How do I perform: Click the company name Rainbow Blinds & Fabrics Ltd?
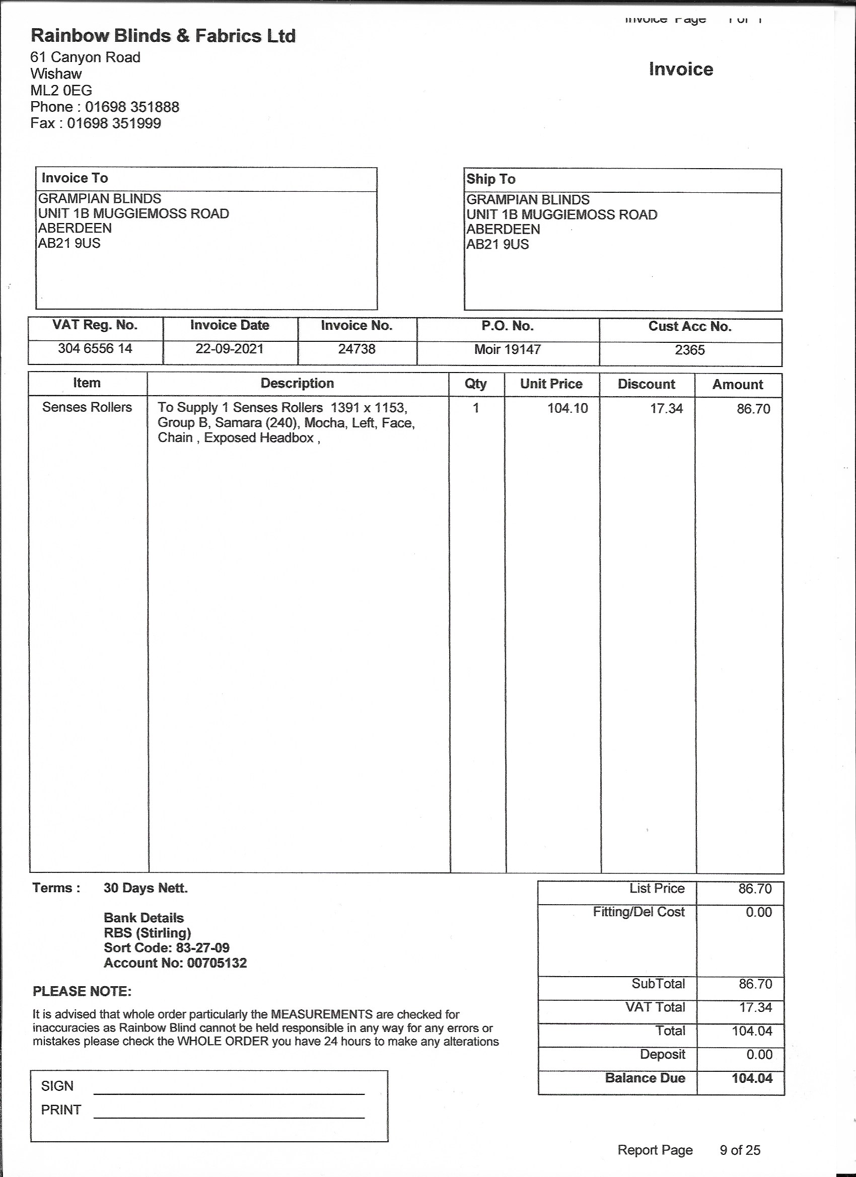[163, 36]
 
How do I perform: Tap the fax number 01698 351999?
[114, 123]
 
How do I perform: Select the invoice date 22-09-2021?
[230, 348]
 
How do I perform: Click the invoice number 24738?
[356, 349]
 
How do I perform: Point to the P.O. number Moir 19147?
[507, 349]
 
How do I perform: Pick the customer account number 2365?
[689, 350]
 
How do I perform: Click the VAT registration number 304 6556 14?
[95, 348]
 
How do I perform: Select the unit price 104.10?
[567, 408]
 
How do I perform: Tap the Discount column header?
[647, 384]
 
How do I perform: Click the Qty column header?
[475, 384]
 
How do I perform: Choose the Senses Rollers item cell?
[87, 407]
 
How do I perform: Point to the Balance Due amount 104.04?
[752, 1078]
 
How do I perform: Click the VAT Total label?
[655, 1007]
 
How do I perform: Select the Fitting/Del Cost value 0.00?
[758, 912]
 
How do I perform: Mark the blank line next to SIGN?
[229, 1089]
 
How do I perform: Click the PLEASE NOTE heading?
[82, 992]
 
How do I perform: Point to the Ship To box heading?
[490, 179]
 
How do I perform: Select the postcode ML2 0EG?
[61, 90]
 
